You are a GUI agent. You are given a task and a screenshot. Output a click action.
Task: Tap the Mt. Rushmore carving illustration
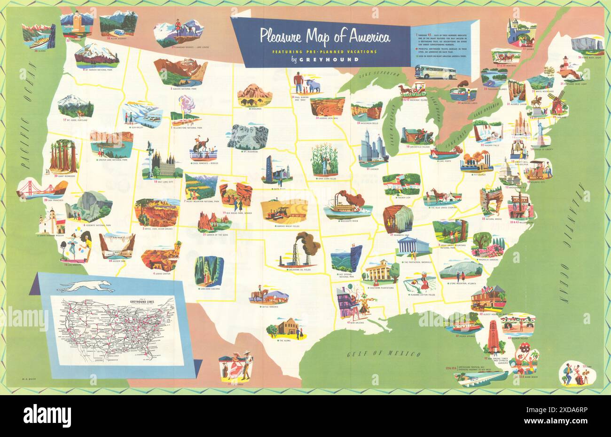pyautogui.click(x=248, y=137)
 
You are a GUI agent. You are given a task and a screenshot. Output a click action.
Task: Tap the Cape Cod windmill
pyautogui.click(x=557, y=103)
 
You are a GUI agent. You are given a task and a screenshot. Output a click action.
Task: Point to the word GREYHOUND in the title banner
pyautogui.click(x=337, y=60)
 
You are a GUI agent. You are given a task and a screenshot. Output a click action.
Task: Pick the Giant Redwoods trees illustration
pyautogui.click(x=63, y=157)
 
